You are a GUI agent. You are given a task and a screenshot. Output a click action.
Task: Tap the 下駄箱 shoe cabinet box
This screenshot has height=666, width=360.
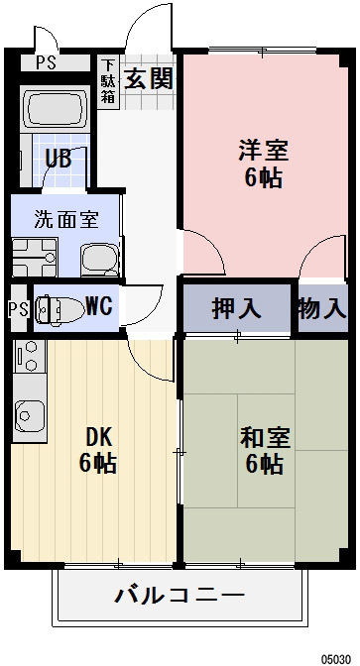[108, 82]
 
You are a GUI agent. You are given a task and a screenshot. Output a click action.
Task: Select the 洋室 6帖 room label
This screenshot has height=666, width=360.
[263, 165]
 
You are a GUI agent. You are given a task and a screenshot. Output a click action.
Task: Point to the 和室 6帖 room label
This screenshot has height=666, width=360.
[263, 449]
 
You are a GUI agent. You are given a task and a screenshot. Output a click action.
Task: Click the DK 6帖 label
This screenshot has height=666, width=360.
[97, 449]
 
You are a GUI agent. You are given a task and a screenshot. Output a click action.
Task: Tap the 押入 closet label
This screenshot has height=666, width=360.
[237, 307]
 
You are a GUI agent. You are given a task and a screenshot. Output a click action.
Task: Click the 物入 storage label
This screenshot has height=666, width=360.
[323, 307]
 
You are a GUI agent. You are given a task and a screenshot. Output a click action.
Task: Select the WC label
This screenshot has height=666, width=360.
[97, 306]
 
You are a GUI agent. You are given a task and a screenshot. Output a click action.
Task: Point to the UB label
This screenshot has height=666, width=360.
[57, 159]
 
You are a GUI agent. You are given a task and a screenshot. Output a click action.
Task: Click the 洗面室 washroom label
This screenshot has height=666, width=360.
[64, 219]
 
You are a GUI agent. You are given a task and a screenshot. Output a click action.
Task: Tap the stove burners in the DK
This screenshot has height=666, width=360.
[27, 358]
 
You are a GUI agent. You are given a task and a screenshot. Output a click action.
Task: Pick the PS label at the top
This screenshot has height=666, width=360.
[46, 62]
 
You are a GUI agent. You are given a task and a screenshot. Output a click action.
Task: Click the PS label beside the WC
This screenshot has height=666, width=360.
[17, 308]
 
